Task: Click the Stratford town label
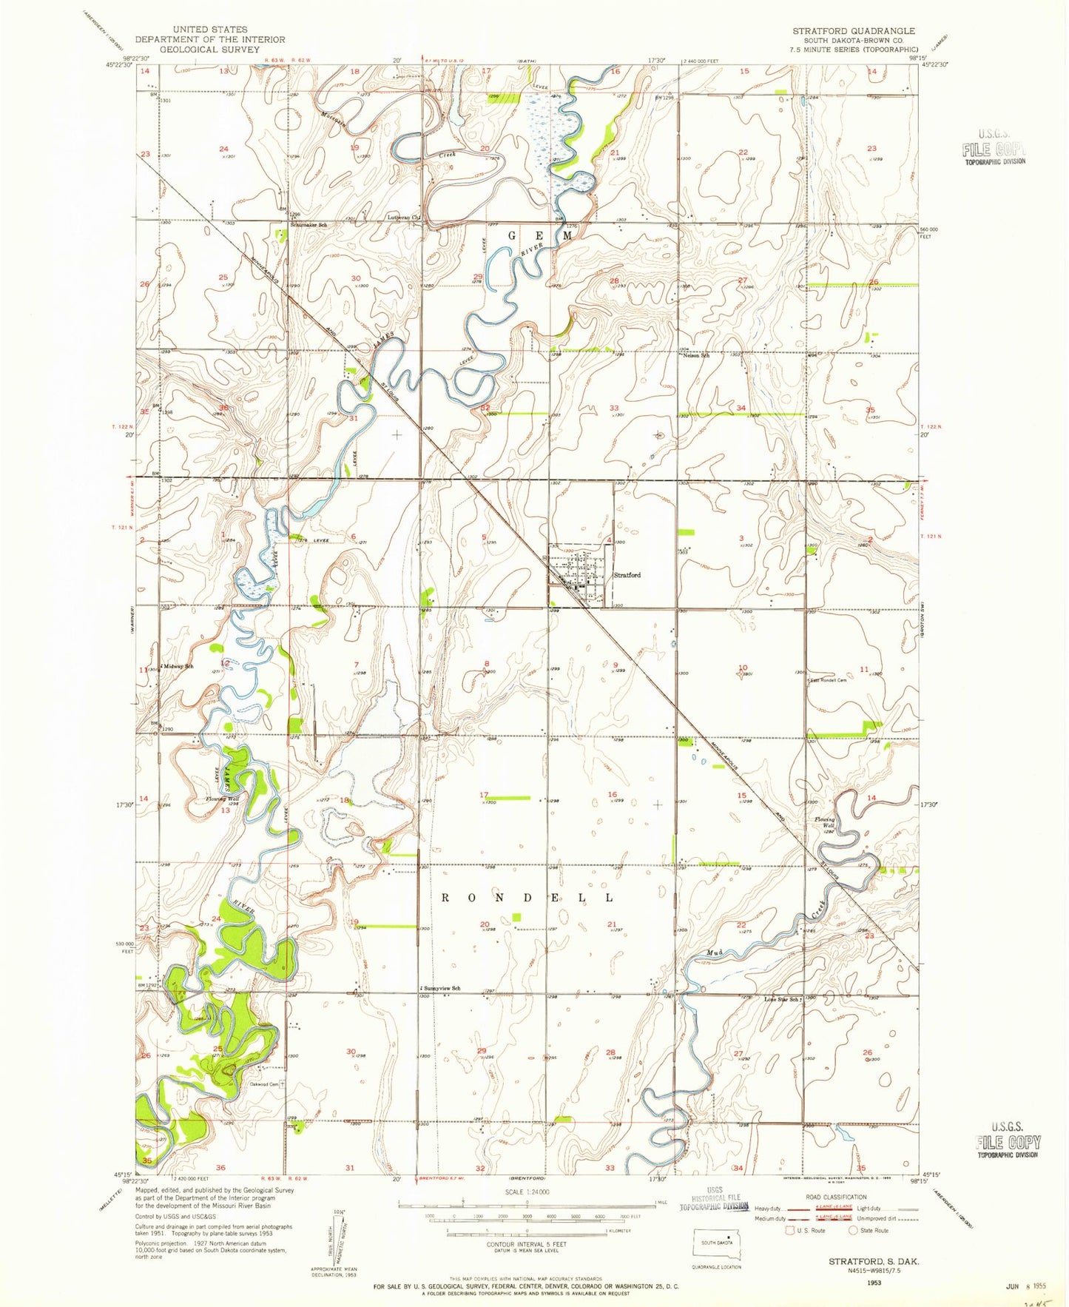(x=627, y=575)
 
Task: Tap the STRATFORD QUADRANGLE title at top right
(x=854, y=31)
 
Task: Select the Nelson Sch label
(x=696, y=356)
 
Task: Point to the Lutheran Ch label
(x=404, y=218)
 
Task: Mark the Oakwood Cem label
(x=264, y=1085)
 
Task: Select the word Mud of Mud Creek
(x=714, y=952)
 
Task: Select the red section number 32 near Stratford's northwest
(x=486, y=408)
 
